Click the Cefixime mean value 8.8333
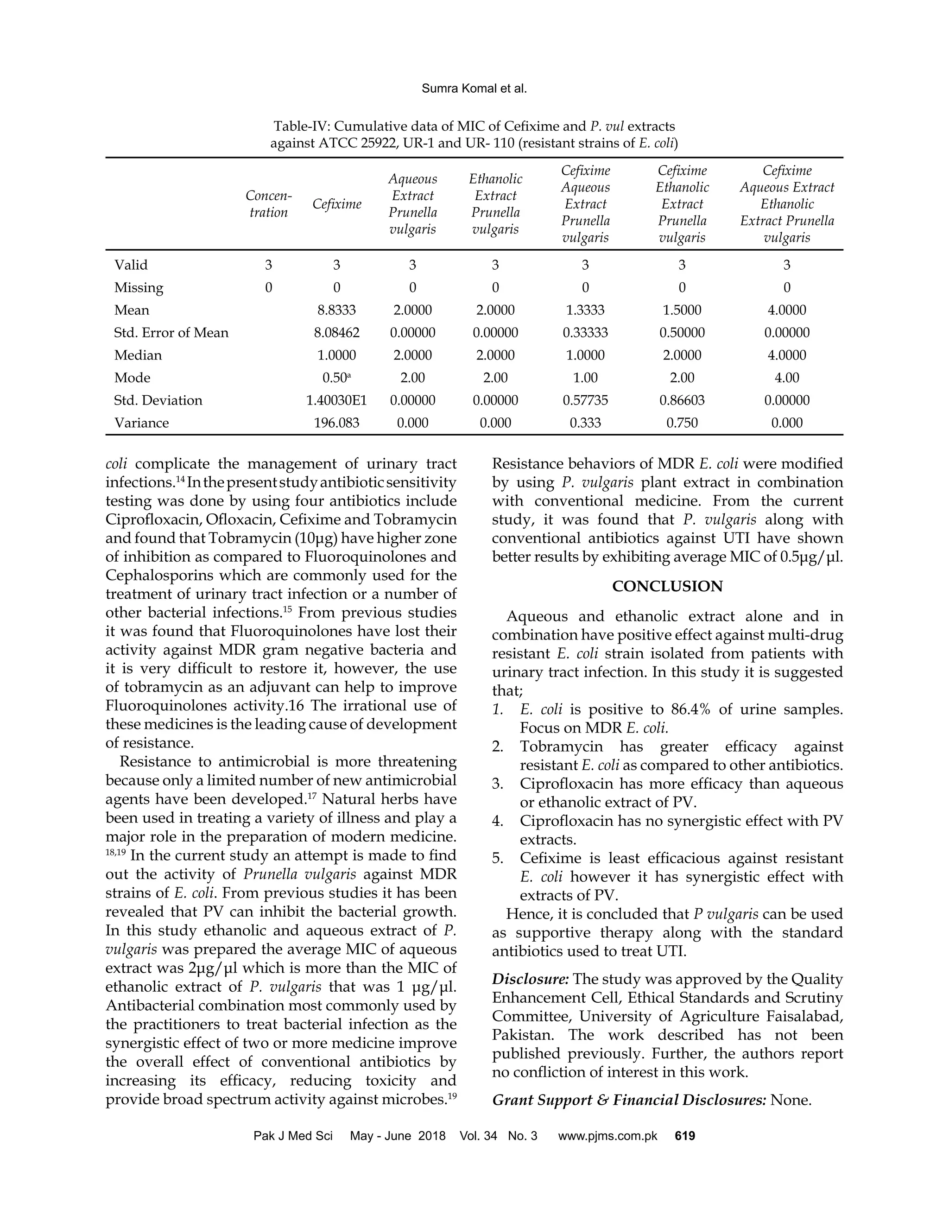[336, 310]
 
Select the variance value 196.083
[336, 423]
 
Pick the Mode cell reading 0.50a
[336, 378]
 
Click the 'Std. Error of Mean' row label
[171, 333]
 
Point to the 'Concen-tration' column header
[269, 204]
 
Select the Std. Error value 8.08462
[336, 333]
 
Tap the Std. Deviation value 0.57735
[585, 400]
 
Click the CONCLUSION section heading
[667, 587]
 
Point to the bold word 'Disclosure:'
[530, 979]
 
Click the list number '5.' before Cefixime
[498, 859]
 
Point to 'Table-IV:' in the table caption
[301, 126]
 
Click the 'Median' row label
[138, 355]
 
